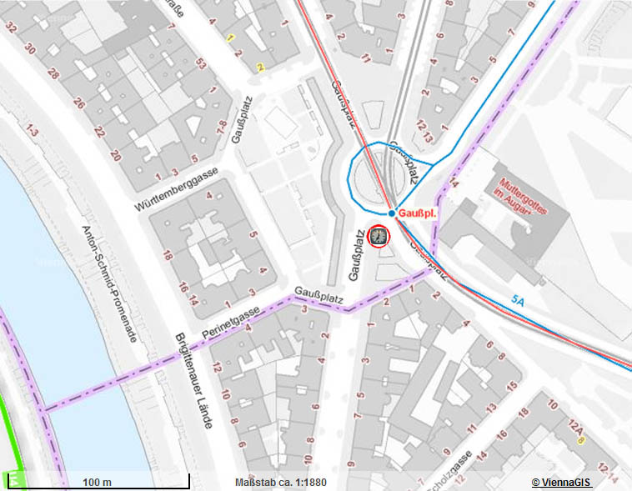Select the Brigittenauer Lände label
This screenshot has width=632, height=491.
(x=193, y=381)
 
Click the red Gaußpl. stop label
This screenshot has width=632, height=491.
(x=417, y=213)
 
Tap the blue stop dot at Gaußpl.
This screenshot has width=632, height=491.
(x=391, y=213)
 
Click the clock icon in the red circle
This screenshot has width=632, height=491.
(x=379, y=237)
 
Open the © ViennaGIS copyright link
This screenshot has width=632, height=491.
(x=562, y=483)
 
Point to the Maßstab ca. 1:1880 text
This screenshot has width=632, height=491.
(x=281, y=483)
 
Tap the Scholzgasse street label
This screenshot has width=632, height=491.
(x=457, y=468)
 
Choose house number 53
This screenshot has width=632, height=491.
(x=200, y=63)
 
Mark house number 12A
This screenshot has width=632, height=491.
(x=574, y=427)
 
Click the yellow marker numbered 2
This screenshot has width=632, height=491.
(x=260, y=68)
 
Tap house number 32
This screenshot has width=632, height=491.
(x=11, y=28)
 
